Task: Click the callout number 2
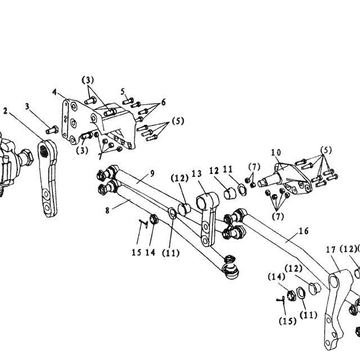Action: (5, 111)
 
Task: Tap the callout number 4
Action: (55, 92)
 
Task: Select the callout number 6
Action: (163, 102)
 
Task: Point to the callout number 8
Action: (107, 210)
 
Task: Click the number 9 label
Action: (152, 174)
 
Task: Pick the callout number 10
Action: (276, 152)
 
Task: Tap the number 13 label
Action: (197, 174)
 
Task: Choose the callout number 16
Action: (304, 231)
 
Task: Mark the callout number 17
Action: (331, 250)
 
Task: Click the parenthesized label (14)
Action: (276, 277)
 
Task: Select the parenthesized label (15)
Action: (287, 321)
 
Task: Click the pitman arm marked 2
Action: (48, 178)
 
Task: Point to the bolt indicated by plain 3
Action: (52, 130)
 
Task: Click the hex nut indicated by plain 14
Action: (153, 219)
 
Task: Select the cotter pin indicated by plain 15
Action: (143, 223)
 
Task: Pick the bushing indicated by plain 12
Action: (229, 193)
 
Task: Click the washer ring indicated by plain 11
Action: (241, 190)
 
